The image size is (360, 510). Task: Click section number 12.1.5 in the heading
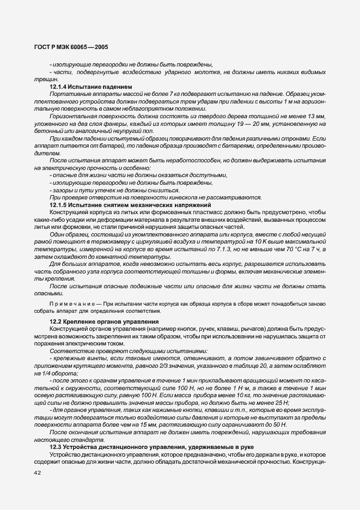(x=59, y=205)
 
